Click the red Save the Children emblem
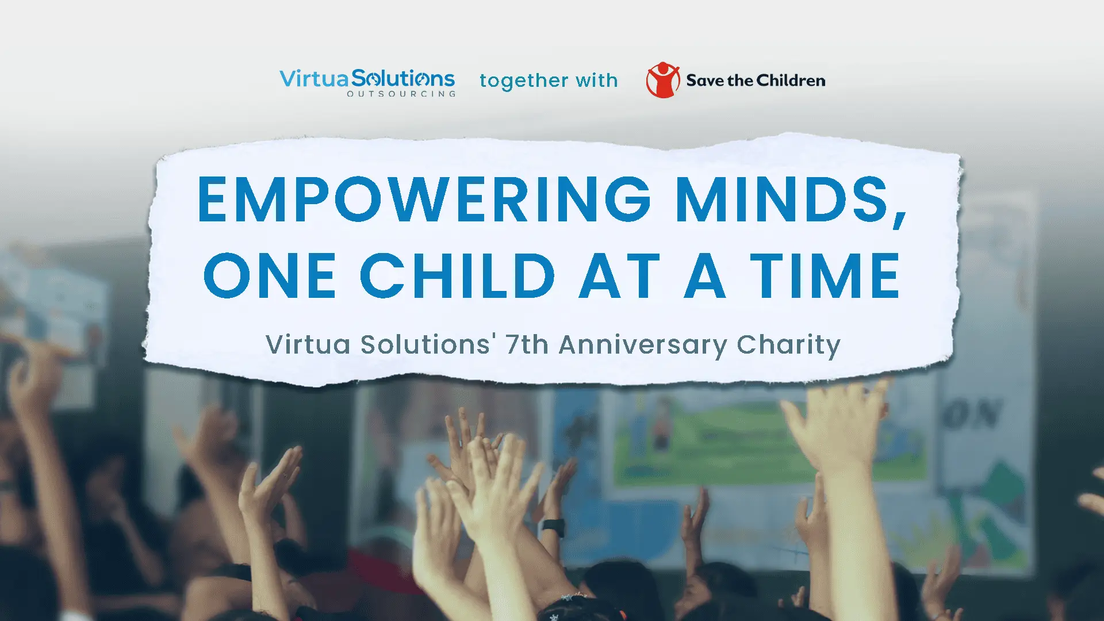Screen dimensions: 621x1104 [x=662, y=80]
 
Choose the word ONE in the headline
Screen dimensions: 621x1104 [x=270, y=276]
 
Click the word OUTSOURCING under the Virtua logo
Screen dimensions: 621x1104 [x=401, y=94]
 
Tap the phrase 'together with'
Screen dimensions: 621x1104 [x=549, y=80]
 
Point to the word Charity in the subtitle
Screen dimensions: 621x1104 [x=788, y=345]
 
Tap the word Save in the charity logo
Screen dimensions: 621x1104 [x=705, y=80]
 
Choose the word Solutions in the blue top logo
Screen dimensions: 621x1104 [x=402, y=78]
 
